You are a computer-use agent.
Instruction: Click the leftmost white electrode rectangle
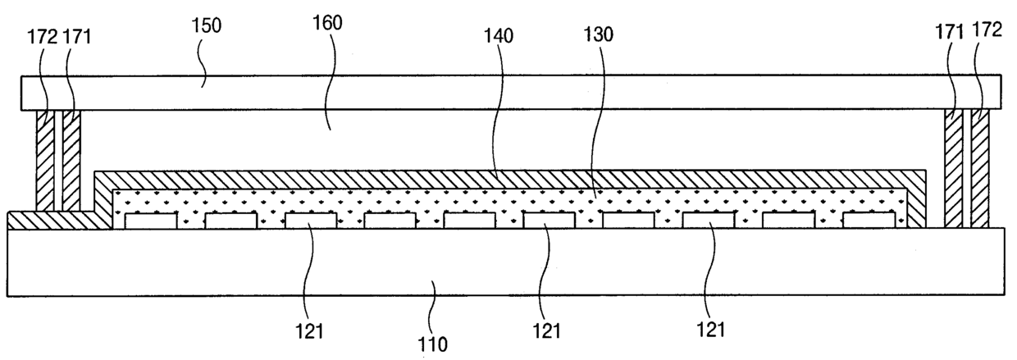click(150, 221)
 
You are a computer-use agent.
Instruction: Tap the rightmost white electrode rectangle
click(869, 221)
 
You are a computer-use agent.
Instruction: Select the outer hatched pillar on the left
click(45, 159)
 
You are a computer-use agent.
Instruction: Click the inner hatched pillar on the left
click(71, 159)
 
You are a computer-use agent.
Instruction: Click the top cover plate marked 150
click(508, 93)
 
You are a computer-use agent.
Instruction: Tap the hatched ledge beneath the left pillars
click(49, 220)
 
